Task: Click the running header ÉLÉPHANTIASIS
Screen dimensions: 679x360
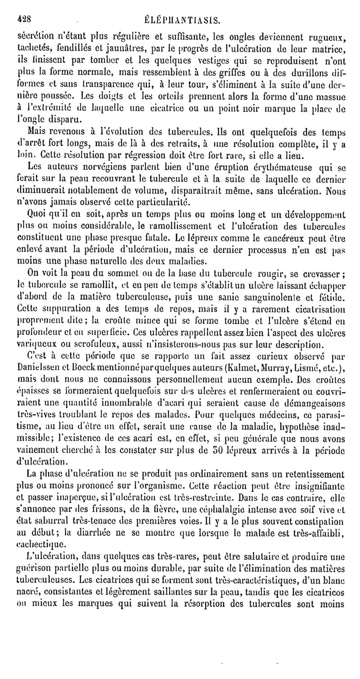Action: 181,19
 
